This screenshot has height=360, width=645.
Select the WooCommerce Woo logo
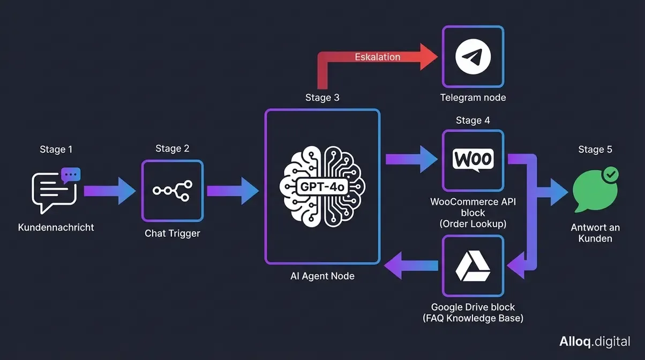tap(473, 160)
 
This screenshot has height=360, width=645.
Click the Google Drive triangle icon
tap(472, 266)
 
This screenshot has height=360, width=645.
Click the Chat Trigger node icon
tap(172, 191)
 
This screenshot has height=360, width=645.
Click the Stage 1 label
tap(56, 149)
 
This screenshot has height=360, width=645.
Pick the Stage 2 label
tap(172, 148)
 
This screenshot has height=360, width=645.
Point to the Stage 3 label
tap(322, 97)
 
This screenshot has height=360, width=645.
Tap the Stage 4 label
tap(472, 121)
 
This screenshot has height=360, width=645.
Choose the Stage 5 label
tap(595, 149)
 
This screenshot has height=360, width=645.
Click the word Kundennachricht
tap(56, 227)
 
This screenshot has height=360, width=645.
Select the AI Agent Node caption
tap(322, 276)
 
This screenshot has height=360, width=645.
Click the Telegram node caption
tap(472, 97)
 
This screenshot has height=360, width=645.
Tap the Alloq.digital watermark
tap(594, 341)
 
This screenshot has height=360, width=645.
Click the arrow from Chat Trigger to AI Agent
tap(234, 191)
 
